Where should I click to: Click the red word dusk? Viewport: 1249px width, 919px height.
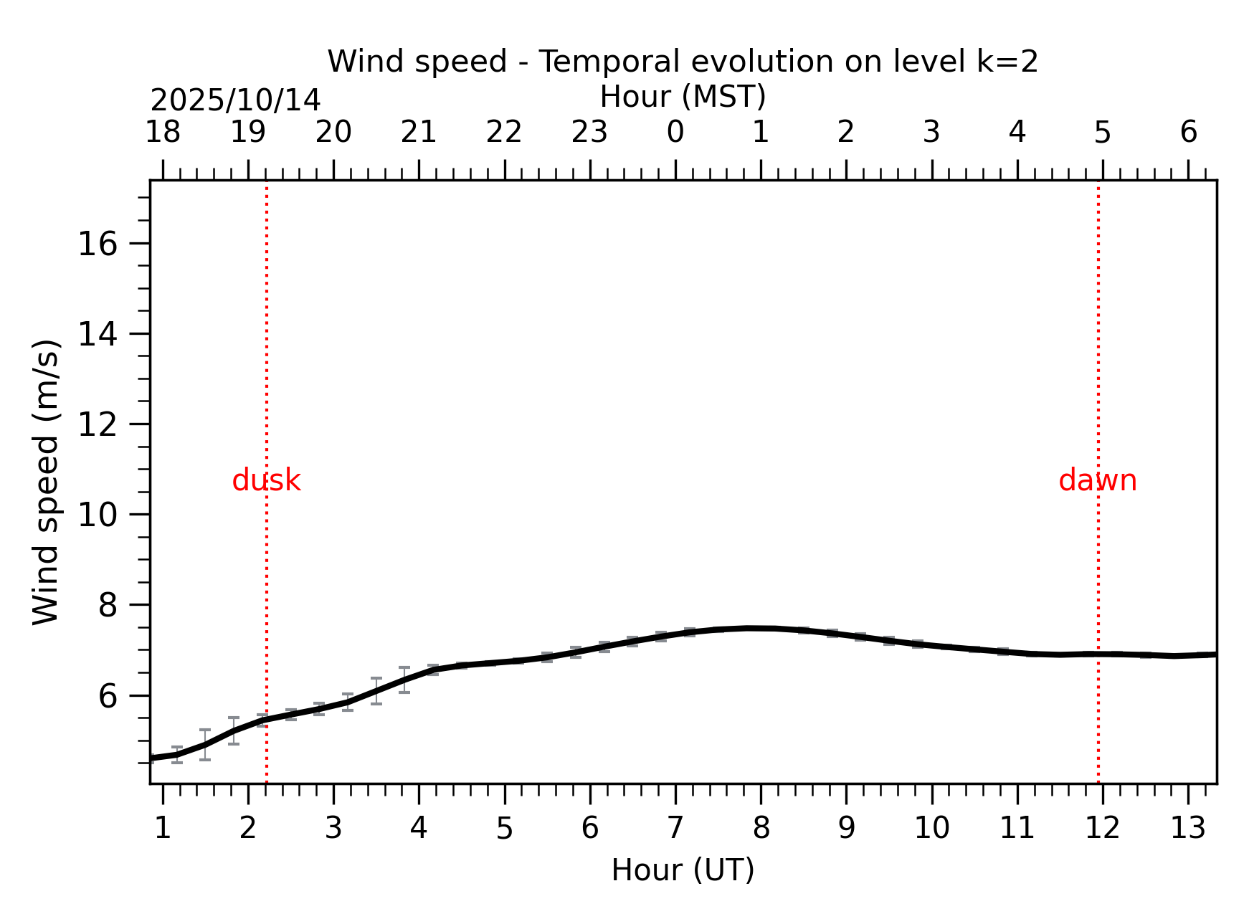[266, 481]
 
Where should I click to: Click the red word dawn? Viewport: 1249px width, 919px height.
[1097, 481]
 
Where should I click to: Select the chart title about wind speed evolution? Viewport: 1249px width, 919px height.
[683, 62]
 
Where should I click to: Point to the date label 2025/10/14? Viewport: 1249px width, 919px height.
[235, 100]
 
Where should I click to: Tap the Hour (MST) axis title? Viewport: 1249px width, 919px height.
[683, 97]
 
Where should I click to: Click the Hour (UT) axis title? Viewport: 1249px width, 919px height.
[683, 870]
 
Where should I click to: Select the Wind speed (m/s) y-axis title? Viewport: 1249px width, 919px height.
[46, 482]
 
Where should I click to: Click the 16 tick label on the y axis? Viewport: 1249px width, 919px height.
[97, 245]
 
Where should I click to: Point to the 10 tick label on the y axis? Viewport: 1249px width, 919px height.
[97, 515]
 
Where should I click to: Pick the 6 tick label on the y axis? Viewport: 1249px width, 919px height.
[107, 696]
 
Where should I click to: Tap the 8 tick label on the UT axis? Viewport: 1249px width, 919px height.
[761, 829]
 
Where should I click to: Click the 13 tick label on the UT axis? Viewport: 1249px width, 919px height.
[1188, 829]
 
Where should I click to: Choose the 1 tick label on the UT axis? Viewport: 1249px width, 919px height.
[163, 829]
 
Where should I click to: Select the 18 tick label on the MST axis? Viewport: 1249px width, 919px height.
[163, 133]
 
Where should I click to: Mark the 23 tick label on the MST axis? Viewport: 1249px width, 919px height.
[590, 133]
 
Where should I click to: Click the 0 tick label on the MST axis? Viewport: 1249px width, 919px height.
[675, 133]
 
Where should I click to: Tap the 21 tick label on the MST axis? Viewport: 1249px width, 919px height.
[419, 133]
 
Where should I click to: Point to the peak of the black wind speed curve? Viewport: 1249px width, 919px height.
[749, 628]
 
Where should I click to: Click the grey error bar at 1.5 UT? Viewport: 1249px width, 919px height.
[205, 744]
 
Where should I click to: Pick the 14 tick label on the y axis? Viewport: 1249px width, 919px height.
[97, 335]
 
